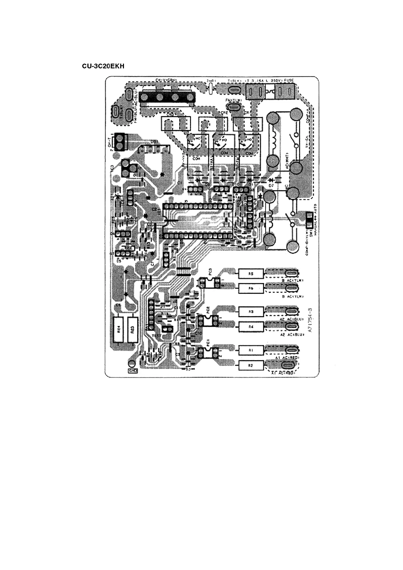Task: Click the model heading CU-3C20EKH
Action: (x=103, y=66)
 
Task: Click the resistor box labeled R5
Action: (x=251, y=273)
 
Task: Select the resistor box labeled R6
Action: (x=251, y=288)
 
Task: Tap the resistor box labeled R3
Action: (x=251, y=311)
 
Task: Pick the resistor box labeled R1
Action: (x=251, y=350)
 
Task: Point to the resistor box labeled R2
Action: (x=251, y=365)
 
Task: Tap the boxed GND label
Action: (x=132, y=371)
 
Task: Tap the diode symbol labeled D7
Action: (x=271, y=180)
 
